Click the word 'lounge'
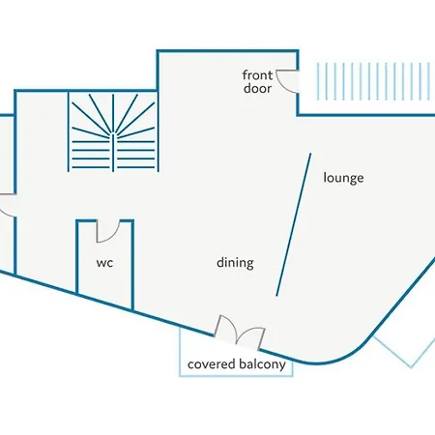pyautogui.click(x=343, y=178)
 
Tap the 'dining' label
pyautogui.click(x=235, y=263)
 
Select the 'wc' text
pyautogui.click(x=104, y=263)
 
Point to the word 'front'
pyautogui.click(x=257, y=75)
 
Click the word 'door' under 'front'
pyautogui.click(x=257, y=88)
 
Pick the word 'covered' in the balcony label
pyautogui.click(x=211, y=364)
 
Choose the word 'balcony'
pyautogui.click(x=262, y=364)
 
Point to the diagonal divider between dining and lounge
pyautogui.click(x=294, y=224)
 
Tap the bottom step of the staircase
pyautogui.click(x=113, y=167)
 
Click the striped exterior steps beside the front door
pyautogui.click(x=375, y=81)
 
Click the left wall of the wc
pyautogui.click(x=77, y=257)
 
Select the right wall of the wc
pyautogui.click(x=132, y=265)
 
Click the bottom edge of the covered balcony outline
pyautogui.click(x=236, y=376)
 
